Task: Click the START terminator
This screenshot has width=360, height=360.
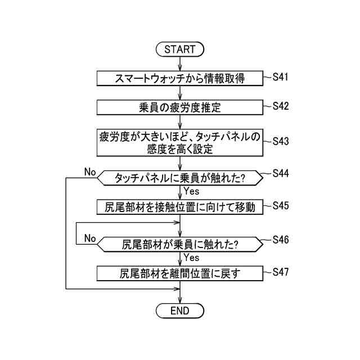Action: (180, 49)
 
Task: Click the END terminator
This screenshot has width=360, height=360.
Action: (180, 310)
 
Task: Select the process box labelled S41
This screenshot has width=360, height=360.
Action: (180, 78)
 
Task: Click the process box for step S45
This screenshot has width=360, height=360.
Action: (180, 207)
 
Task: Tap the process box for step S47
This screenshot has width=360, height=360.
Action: (180, 274)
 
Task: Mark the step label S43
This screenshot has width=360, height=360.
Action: (280, 141)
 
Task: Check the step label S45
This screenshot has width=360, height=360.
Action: (280, 205)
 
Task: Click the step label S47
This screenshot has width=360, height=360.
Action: (280, 272)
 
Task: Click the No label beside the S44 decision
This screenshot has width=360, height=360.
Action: (90, 171)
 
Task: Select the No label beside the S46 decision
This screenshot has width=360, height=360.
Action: (90, 238)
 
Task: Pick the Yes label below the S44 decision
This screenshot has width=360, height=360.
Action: (191, 191)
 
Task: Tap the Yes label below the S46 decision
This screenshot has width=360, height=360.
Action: (191, 258)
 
